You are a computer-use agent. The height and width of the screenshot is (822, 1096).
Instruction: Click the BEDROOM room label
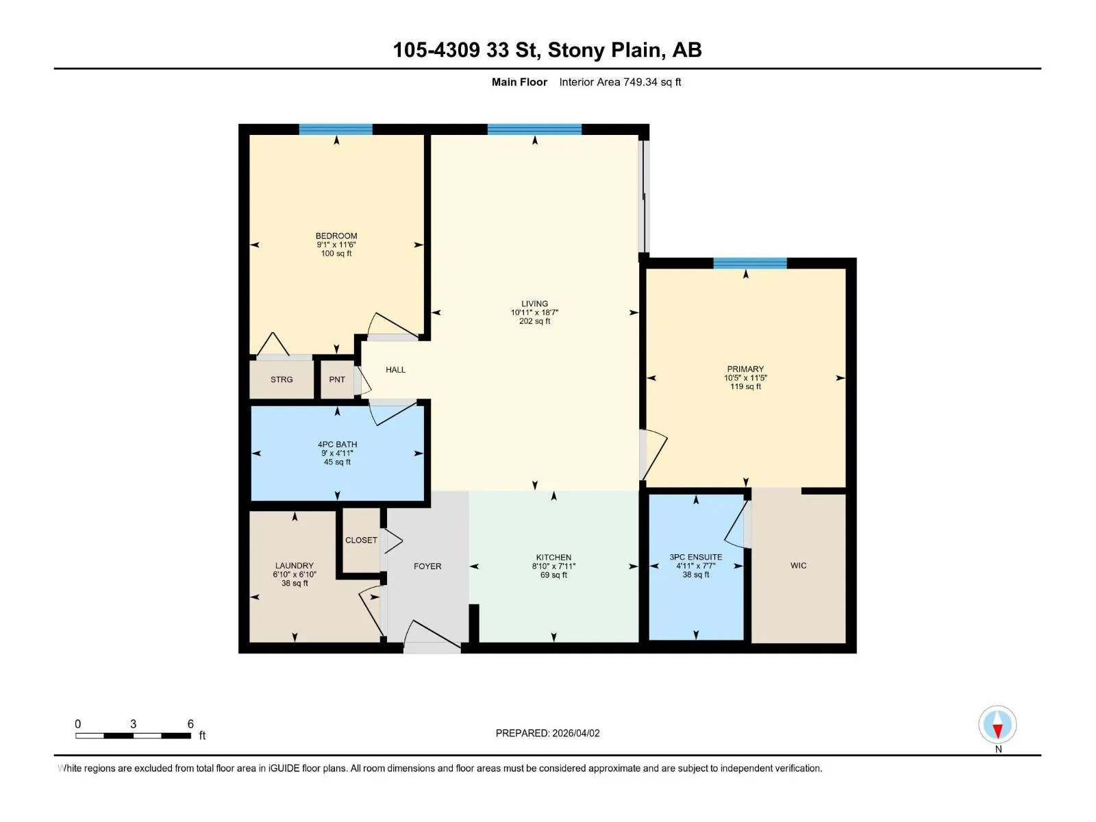[x=336, y=236]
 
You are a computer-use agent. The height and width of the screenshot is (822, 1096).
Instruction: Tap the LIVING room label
[x=534, y=303]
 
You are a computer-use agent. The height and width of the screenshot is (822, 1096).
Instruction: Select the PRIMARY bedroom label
[x=745, y=369]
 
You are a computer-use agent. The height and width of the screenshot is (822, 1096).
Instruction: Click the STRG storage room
[x=282, y=379]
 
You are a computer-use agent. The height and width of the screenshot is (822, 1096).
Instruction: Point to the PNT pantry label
[x=337, y=379]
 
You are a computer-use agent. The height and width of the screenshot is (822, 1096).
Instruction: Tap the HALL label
[x=395, y=369]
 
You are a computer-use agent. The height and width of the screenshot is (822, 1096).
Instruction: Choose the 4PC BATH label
[x=338, y=444]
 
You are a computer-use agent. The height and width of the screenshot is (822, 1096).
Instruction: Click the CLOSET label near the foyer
[x=361, y=540]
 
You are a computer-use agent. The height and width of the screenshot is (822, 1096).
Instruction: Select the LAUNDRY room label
[x=294, y=566]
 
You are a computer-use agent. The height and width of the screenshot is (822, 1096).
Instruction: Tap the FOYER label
[x=427, y=566]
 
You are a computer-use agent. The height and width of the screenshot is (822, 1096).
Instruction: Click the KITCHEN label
[x=553, y=558]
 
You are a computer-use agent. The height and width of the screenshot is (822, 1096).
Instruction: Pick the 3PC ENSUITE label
[x=695, y=557]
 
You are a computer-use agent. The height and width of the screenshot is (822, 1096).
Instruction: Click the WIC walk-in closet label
[x=799, y=566]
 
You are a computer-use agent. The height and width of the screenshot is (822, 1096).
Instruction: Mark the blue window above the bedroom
[x=336, y=129]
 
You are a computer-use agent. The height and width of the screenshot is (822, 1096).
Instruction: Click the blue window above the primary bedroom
[x=750, y=263]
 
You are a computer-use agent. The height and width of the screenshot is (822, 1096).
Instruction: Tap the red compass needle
[x=997, y=731]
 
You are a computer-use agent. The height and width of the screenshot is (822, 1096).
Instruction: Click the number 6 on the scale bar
[x=190, y=723]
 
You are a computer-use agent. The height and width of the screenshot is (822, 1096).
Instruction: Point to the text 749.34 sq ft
[x=652, y=82]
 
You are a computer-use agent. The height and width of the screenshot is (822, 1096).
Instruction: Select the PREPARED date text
[x=548, y=733]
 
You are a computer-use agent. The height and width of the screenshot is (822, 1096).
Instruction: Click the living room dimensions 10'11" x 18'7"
[x=534, y=312]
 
